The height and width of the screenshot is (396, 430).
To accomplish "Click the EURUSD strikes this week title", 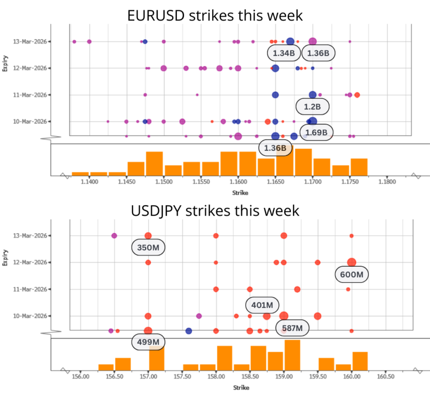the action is point(215,15).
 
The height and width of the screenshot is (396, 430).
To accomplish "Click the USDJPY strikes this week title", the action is point(215,210).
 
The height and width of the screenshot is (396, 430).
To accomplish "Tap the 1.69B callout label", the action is point(316,133).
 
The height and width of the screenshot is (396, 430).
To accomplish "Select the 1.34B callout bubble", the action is point(284,53).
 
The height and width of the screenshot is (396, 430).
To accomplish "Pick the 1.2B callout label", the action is point(312,106).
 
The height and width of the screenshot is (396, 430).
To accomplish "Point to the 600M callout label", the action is point(352,274).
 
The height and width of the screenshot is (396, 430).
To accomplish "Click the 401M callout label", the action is point(262,305).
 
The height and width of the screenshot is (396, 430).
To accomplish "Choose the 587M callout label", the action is point(292,328).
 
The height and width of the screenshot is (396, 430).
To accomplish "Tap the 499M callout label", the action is point(148,342).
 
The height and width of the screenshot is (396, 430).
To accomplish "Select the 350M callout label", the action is point(148,248).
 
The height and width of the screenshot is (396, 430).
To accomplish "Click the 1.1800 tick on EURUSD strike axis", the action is point(387,182).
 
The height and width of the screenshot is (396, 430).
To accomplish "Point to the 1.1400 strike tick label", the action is point(89,182).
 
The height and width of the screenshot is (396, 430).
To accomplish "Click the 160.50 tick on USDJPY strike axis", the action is point(386,376).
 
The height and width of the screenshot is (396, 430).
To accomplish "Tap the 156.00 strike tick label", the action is point(81,376).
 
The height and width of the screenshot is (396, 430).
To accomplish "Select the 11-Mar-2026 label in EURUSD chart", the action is point(30,95).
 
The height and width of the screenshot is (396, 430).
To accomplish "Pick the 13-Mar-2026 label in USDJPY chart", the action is point(30,236).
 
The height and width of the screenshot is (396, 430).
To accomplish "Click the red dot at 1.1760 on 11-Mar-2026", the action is point(357,95).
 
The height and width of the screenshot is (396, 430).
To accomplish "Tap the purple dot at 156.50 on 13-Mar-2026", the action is point(114,236).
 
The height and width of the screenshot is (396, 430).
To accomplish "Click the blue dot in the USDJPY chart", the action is point(189,331).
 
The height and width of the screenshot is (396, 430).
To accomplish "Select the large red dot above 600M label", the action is point(352,262).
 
